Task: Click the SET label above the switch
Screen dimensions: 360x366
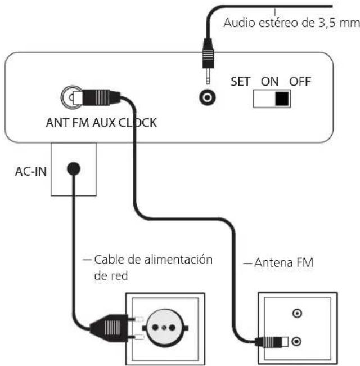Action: coord(240,82)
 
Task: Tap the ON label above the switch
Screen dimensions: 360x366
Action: coord(270,82)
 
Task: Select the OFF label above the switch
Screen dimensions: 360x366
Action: coord(300,82)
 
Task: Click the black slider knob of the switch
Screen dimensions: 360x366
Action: coord(282,99)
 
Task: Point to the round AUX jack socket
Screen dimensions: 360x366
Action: coord(207,97)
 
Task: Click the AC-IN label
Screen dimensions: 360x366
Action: coord(31,172)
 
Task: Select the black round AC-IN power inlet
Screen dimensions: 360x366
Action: coord(74,168)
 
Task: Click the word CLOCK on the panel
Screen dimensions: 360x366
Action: coord(138,123)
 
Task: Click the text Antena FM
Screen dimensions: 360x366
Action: coord(283,262)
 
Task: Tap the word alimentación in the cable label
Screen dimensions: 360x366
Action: coord(178,260)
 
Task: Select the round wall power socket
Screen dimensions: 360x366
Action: coord(164,328)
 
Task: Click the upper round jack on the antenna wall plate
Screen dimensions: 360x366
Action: coord(297,313)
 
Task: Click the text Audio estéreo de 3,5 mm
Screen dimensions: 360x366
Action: coord(291,23)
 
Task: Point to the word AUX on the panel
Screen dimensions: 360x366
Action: coord(104,123)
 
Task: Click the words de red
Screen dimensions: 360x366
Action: coord(111,276)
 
